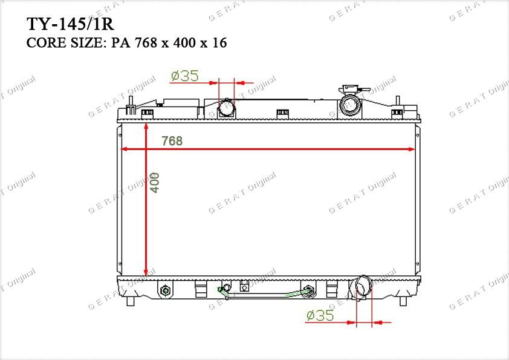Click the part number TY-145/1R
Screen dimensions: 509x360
click(70, 24)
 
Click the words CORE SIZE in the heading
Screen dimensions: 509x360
click(65, 43)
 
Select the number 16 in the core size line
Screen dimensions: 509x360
click(219, 43)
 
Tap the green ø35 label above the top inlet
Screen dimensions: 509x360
click(185, 76)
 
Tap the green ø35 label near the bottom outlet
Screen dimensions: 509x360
click(320, 315)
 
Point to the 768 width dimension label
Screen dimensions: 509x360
click(172, 141)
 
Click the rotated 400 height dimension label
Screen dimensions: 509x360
click(155, 183)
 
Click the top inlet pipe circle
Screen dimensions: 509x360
click(227, 108)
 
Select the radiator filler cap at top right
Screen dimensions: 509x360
click(350, 100)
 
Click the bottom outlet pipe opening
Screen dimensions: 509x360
click(363, 286)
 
